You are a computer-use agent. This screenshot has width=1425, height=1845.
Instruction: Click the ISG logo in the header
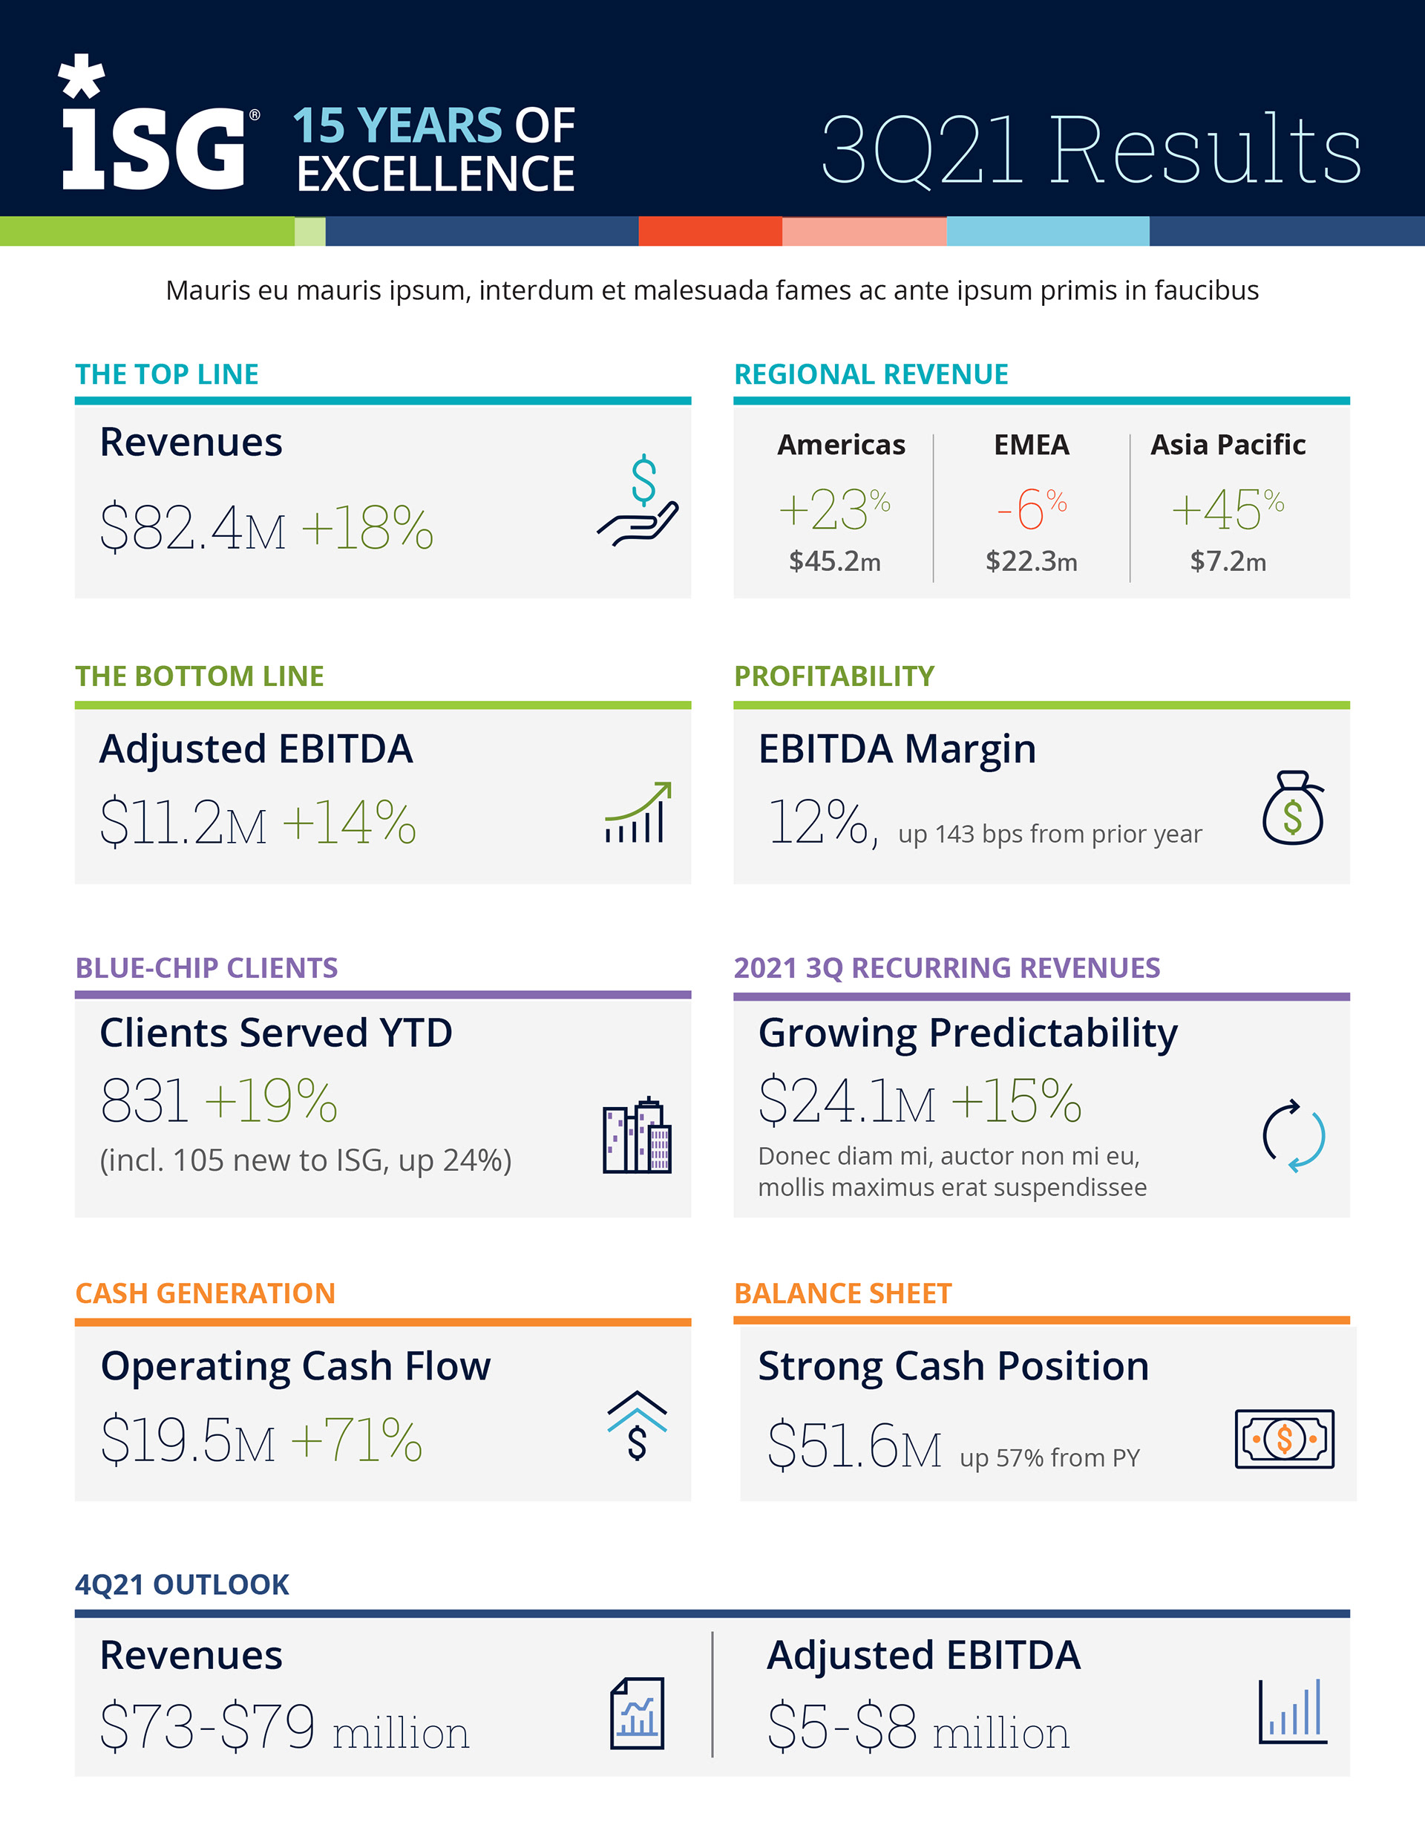[x=157, y=127]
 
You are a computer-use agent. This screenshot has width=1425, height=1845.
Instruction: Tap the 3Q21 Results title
[x=1090, y=151]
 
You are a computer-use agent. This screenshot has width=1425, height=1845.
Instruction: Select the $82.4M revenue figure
[x=192, y=528]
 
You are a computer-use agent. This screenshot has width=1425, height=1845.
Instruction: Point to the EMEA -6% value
[x=1031, y=509]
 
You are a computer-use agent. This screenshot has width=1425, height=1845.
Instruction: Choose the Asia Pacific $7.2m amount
[x=1228, y=562]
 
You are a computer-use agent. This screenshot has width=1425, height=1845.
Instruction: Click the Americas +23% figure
[x=833, y=509]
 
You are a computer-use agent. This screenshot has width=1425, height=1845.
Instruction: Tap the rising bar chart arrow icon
[x=638, y=813]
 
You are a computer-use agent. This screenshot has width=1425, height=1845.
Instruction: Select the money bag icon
[x=1292, y=809]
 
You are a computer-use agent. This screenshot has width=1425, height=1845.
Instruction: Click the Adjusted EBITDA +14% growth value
[x=349, y=822]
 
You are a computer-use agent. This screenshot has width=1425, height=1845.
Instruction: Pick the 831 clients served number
[x=143, y=1101]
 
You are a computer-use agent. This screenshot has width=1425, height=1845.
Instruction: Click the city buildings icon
[x=637, y=1135]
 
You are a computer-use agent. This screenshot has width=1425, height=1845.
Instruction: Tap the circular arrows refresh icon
[x=1293, y=1136]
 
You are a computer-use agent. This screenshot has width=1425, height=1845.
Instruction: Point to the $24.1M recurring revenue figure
[x=846, y=1102]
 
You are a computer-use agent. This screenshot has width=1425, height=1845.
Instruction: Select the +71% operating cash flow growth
[x=356, y=1440]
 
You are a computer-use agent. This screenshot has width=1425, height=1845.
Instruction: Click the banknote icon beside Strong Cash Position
[x=1284, y=1439]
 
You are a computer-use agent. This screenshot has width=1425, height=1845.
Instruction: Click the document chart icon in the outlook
[x=637, y=1714]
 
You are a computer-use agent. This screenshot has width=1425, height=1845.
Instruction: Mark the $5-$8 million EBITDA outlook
[x=917, y=1728]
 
